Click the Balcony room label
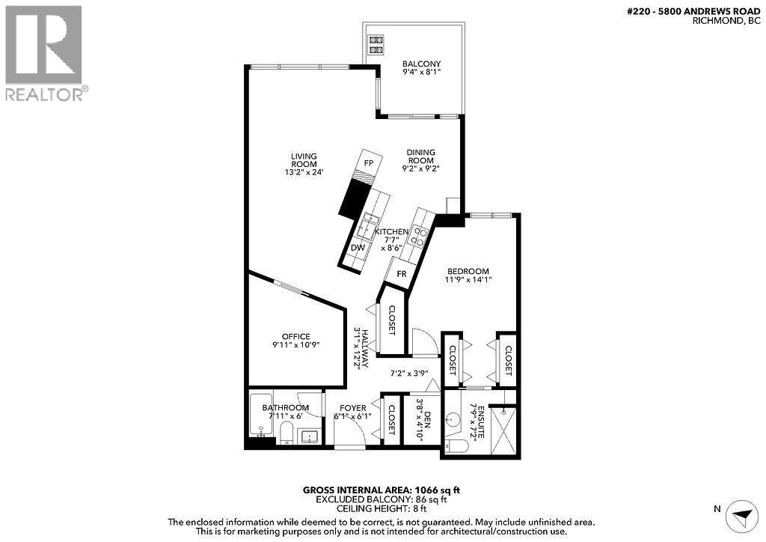click(x=420, y=64)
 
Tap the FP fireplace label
click(x=368, y=162)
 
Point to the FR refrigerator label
click(x=402, y=274)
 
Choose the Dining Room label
click(x=420, y=156)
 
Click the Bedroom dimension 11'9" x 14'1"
click(x=468, y=280)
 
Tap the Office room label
click(x=295, y=337)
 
